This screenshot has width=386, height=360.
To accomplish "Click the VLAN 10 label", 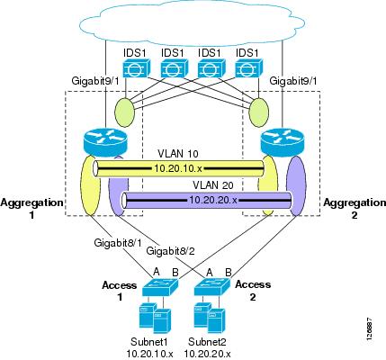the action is [x=178, y=154].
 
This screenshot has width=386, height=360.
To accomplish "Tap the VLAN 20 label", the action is [x=213, y=185].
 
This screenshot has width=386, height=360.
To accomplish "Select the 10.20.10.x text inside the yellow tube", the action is [x=178, y=168].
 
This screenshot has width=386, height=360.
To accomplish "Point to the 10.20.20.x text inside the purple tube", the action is [x=213, y=200].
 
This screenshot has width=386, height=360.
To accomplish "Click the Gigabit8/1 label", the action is [x=118, y=242].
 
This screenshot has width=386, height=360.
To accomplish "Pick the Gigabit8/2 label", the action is [x=170, y=251].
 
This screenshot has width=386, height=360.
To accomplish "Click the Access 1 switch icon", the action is [x=160, y=287].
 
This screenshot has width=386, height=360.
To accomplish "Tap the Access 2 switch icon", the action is [x=212, y=287].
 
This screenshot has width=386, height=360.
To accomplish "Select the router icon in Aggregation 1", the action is [x=105, y=140].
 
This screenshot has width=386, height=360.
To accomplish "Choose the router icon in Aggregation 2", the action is [x=283, y=140].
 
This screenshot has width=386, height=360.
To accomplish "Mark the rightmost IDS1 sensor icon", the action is [x=249, y=68].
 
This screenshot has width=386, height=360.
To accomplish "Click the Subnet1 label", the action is [x=149, y=341].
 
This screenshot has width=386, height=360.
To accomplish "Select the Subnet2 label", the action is [x=207, y=341].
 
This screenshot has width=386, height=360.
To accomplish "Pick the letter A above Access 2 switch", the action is [x=210, y=272].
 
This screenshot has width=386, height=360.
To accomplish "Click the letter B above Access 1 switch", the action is [x=175, y=273].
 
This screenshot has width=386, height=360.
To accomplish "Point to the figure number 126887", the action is [x=370, y=328].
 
